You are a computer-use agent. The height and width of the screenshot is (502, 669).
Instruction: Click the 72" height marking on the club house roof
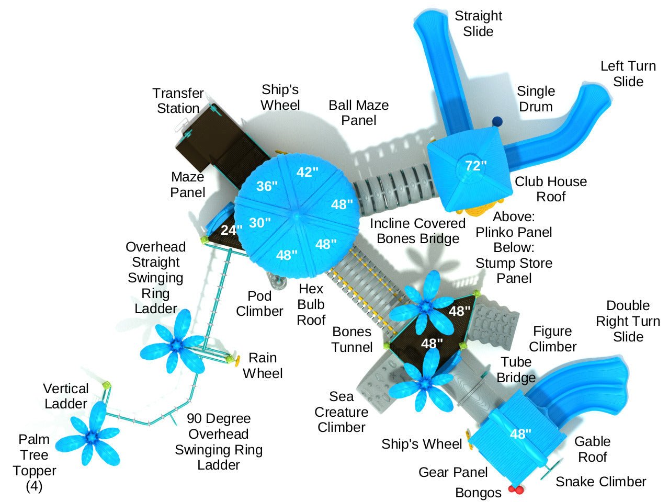point(475,166)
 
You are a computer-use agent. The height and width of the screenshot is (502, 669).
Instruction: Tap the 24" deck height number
point(231,230)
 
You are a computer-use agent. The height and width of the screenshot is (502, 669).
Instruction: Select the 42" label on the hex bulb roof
point(307,172)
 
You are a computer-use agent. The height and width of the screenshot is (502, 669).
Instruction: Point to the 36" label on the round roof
point(267,186)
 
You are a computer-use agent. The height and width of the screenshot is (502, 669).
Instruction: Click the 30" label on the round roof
point(259,223)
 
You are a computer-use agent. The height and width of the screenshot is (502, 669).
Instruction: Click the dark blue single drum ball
point(497,121)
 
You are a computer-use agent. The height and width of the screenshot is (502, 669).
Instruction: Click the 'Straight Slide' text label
point(478,24)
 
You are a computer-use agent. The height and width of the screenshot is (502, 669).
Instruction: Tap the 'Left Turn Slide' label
point(628,74)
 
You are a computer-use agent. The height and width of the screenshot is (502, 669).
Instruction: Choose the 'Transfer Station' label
point(178,101)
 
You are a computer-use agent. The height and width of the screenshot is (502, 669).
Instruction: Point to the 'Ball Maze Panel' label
point(358,112)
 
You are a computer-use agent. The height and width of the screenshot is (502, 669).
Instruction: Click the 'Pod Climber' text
point(259,303)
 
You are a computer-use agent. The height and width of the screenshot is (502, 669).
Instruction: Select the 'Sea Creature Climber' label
point(341,412)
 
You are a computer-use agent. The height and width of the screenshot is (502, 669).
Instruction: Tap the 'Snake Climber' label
point(600,482)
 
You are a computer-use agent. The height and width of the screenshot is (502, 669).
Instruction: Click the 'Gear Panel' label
point(453,472)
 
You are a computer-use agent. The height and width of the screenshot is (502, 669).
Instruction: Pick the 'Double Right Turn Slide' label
point(628,321)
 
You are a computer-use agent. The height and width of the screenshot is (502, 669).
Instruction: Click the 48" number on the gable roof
point(520,433)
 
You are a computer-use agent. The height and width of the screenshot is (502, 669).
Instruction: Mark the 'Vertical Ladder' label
point(65,396)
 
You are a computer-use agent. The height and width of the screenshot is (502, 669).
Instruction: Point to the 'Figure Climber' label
point(552,339)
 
